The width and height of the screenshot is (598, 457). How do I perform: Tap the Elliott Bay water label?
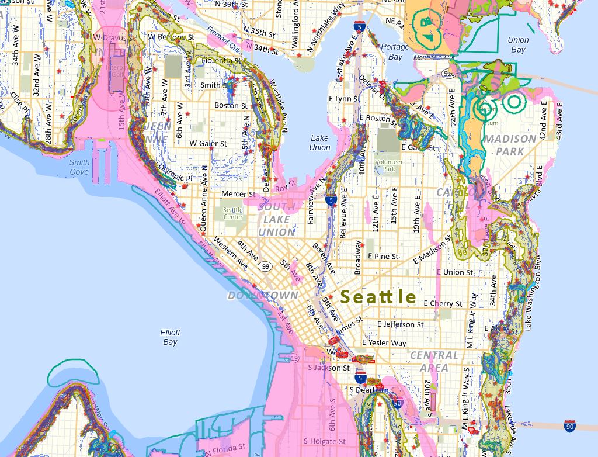click(170, 337)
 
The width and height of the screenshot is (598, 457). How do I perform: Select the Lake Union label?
click(319, 143)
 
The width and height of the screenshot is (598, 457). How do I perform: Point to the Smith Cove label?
click(79, 167)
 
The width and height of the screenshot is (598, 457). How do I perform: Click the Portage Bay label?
click(395, 51)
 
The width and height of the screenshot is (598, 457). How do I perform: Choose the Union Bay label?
click(518, 45)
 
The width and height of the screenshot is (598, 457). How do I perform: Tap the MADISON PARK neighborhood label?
click(509, 145)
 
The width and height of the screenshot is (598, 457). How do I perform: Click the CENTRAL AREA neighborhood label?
click(434, 361)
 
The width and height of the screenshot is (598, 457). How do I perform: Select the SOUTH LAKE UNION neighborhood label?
click(277, 220)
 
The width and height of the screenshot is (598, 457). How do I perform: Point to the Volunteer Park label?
click(389, 165)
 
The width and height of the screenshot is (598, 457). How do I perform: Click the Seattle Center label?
click(232, 214)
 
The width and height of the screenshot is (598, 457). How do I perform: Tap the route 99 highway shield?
click(266, 267)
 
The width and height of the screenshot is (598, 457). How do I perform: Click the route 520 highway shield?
click(448, 74)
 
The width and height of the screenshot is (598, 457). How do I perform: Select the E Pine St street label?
click(383, 256)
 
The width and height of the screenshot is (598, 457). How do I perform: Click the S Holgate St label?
click(324, 441)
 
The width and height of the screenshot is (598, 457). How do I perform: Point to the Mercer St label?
click(238, 194)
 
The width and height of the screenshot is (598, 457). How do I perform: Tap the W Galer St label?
click(208, 143)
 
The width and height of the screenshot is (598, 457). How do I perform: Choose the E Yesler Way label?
click(384, 343)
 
